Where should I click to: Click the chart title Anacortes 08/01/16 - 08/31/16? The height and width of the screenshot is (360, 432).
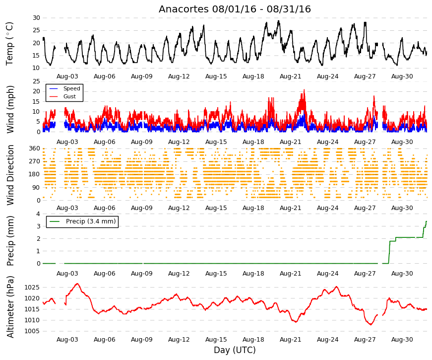click(x=235, y=9)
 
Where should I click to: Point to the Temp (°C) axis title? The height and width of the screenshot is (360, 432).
click(x=9, y=44)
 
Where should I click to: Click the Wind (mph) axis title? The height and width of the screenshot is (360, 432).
click(x=10, y=110)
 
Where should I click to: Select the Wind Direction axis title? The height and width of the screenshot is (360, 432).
click(x=10, y=175)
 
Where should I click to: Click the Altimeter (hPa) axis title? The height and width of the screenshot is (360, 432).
click(x=10, y=307)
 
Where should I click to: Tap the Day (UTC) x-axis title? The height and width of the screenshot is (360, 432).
click(x=235, y=350)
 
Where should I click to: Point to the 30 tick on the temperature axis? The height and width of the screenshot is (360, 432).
click(x=36, y=18)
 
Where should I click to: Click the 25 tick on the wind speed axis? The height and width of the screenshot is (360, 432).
click(x=36, y=81)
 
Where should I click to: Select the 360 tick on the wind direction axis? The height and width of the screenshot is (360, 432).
click(x=34, y=148)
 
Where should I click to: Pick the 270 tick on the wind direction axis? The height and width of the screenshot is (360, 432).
click(x=34, y=161)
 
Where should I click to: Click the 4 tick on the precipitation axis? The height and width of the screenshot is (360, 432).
click(x=38, y=214)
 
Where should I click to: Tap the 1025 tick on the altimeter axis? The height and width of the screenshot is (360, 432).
click(x=32, y=288)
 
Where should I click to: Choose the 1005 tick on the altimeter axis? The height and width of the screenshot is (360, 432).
click(x=32, y=331)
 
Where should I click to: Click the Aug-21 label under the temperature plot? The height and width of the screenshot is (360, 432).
click(x=290, y=76)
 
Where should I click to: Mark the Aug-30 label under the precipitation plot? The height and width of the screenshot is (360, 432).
click(x=402, y=274)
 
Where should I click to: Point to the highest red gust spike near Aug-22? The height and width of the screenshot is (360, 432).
click(x=304, y=90)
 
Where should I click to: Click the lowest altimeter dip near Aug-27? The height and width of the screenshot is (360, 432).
click(x=371, y=324)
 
